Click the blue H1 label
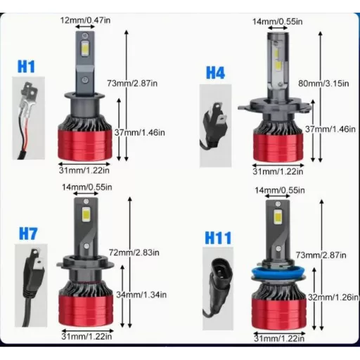(27, 67)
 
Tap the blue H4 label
(216, 72)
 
